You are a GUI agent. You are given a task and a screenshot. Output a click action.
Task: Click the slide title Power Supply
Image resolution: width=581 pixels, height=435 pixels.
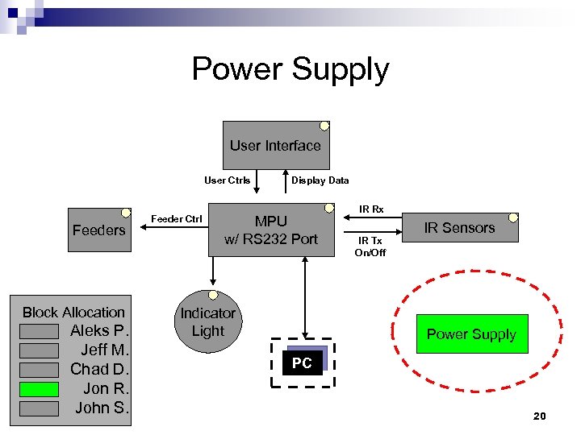coord(290,69)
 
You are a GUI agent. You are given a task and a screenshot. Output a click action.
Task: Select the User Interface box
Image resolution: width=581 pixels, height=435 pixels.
coord(274,146)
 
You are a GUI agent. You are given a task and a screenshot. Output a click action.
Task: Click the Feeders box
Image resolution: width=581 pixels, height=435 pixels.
coord(98,230)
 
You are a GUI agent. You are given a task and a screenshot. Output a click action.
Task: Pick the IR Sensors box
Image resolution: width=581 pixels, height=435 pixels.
coord(459,228)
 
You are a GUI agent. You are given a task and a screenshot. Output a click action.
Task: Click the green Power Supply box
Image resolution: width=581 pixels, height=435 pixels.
coord(471,334)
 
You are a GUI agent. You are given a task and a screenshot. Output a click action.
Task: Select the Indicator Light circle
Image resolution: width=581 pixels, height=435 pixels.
coord(207,322)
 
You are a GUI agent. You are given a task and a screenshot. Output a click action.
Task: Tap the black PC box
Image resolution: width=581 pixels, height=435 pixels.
coord(302,363)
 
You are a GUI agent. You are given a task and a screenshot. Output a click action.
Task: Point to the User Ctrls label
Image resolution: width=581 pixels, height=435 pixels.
coord(227,180)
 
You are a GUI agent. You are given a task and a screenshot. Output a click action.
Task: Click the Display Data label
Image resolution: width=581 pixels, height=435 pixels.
coord(320,180)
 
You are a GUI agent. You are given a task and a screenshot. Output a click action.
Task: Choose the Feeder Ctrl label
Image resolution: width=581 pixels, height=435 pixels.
coord(177,219)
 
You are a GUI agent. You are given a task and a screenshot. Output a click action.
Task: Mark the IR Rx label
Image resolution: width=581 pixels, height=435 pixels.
coord(371,209)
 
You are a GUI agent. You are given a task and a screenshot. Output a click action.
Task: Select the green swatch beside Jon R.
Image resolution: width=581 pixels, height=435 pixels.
coord(39,389)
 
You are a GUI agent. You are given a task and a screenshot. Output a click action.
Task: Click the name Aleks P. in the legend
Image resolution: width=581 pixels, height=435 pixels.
coord(99,331)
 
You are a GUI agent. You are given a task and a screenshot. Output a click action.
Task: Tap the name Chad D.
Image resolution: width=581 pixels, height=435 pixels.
coord(99,370)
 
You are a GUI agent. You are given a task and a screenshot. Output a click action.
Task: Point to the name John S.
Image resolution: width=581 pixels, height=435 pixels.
coord(102,408)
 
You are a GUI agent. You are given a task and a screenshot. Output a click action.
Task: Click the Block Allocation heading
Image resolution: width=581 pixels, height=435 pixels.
coord(73,313)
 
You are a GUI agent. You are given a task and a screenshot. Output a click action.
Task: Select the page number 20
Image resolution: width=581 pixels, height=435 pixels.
coord(539,416)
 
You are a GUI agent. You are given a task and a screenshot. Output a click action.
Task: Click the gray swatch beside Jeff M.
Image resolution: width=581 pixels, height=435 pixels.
coord(39,350)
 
